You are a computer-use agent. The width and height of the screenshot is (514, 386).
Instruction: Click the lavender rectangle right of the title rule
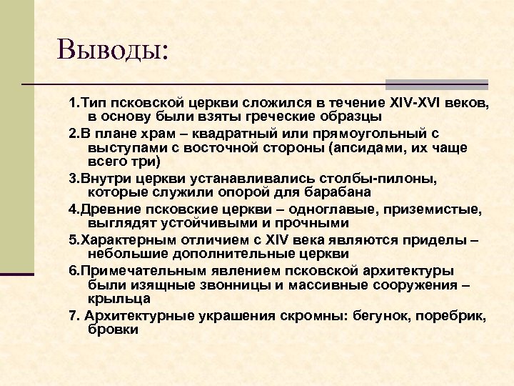coord(438,84)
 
